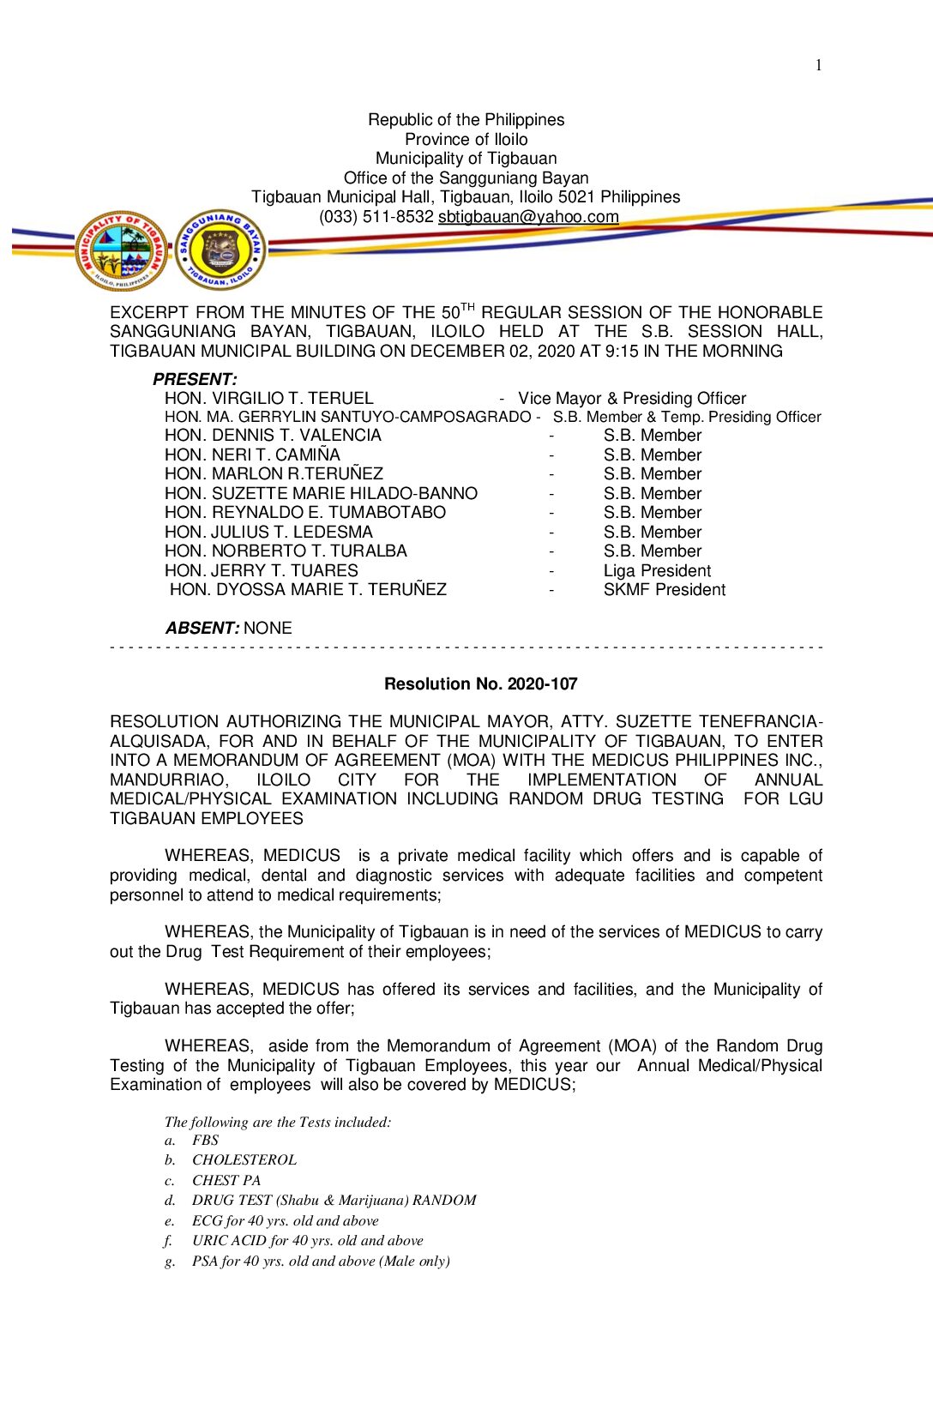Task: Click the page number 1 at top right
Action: (x=818, y=65)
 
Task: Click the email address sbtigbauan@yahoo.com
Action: (x=528, y=217)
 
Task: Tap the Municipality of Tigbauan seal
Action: (x=122, y=250)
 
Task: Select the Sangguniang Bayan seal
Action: (x=220, y=250)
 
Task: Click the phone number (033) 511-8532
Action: (x=376, y=217)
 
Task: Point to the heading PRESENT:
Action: (x=195, y=379)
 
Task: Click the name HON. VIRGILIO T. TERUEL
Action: (x=268, y=398)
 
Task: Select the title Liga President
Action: (x=657, y=571)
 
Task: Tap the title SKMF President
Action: (x=664, y=590)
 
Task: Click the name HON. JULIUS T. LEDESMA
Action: (x=268, y=533)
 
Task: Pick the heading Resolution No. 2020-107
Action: (x=480, y=684)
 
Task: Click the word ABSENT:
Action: (x=202, y=629)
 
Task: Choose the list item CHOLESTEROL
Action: (x=244, y=1160)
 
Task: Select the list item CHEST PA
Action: (x=226, y=1181)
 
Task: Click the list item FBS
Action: (x=206, y=1141)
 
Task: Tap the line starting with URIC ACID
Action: (x=307, y=1241)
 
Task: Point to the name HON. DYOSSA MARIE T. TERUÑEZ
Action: (x=308, y=590)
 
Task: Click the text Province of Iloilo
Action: (x=466, y=139)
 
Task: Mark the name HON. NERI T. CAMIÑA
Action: (x=252, y=455)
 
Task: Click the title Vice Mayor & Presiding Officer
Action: (x=632, y=399)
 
